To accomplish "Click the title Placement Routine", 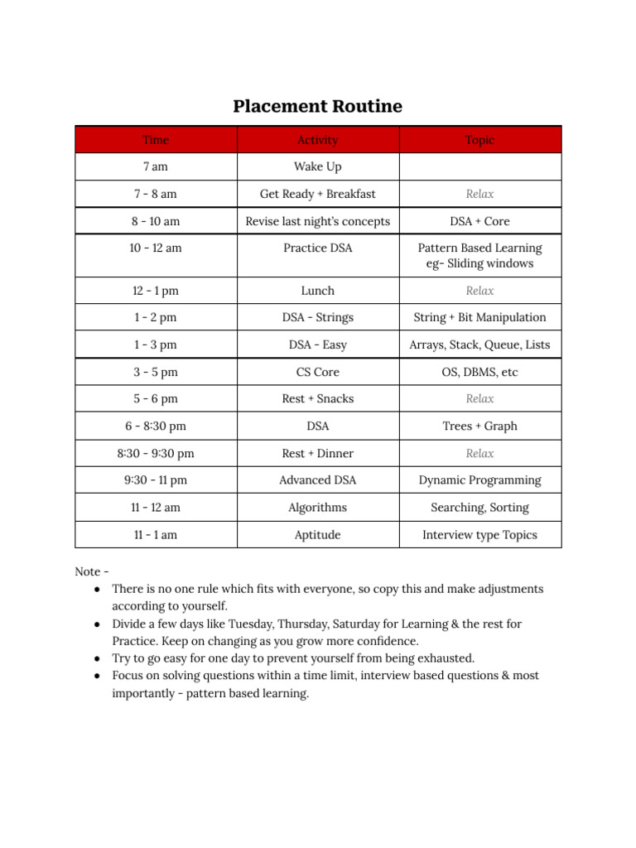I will point(317,107).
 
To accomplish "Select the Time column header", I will point(156,140).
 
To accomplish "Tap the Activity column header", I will point(317,140).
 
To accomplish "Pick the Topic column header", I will point(479,140).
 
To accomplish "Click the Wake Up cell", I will point(317,166).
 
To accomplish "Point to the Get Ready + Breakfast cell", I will point(317,194).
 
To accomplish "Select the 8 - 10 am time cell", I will point(156,221).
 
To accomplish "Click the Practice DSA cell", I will point(317,248).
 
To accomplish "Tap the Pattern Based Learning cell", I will point(479,256).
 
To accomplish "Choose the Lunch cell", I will point(317,291).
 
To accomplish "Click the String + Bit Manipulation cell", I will point(479,317).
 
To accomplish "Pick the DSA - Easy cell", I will point(317,344).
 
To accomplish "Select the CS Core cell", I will point(317,372).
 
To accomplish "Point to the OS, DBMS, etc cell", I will point(479,372).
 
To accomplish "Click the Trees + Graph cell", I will point(479,426).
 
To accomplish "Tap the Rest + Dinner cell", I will point(317,453).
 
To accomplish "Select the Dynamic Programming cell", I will point(479,480).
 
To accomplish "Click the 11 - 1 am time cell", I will point(156,534).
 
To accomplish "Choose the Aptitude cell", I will point(317,534).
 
